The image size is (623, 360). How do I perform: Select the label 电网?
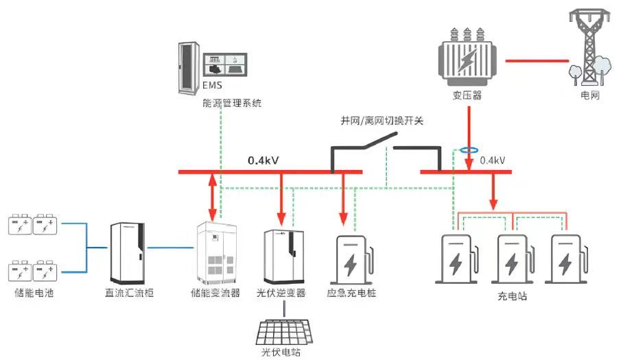point(590,96)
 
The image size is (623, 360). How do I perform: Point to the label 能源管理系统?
point(232,104)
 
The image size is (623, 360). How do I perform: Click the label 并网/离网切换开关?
point(382,121)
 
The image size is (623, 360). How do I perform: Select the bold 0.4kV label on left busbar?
point(263,160)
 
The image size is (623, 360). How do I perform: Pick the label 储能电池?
point(34,293)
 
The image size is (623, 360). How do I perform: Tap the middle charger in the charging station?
point(513,259)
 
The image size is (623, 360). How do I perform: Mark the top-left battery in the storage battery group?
point(20,224)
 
